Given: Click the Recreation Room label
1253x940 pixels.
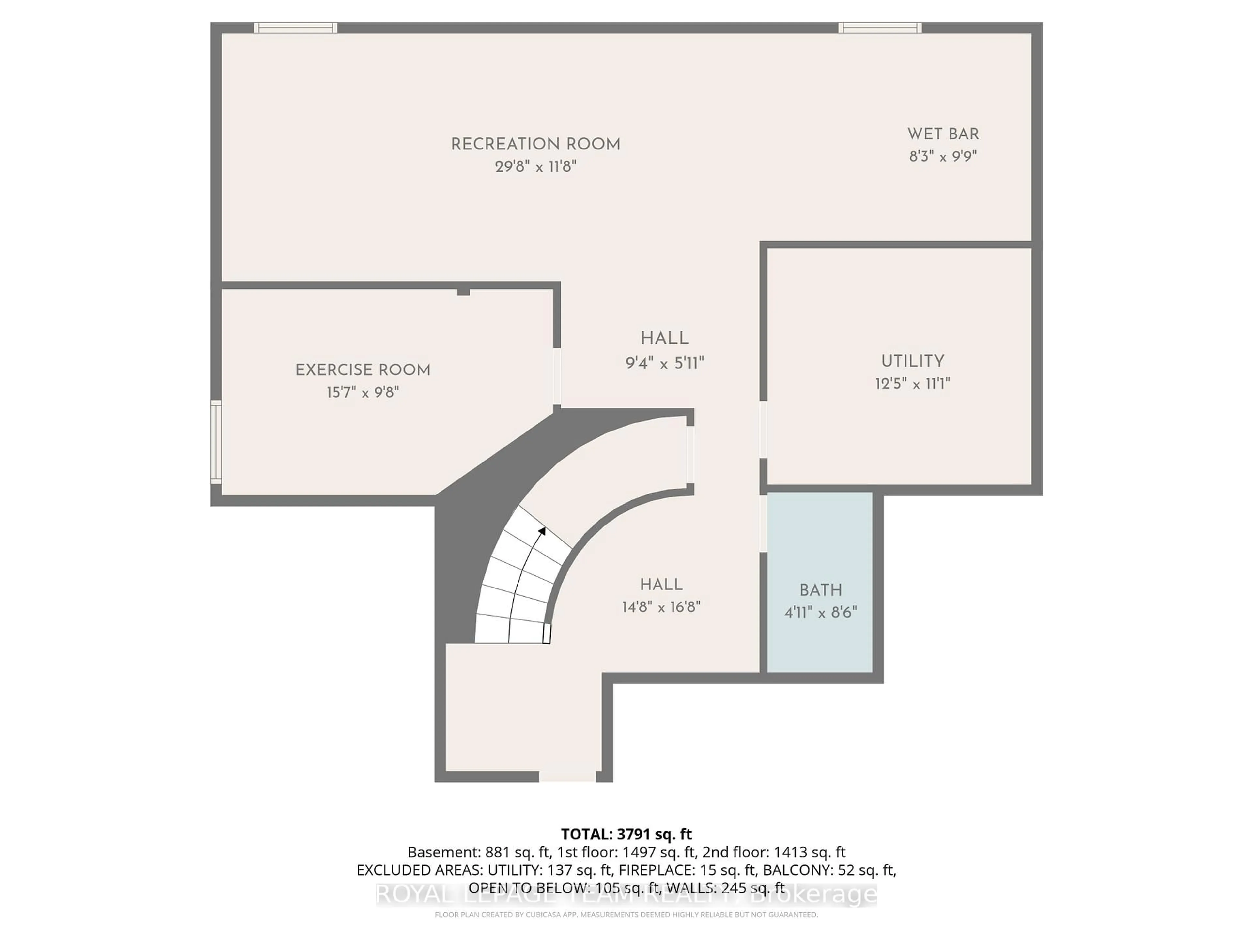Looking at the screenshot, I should click(535, 145).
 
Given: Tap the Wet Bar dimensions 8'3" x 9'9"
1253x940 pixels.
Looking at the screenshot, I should click(943, 156).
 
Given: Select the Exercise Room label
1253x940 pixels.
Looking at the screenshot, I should click(363, 370).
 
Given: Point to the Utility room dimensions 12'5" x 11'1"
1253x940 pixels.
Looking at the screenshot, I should click(912, 384).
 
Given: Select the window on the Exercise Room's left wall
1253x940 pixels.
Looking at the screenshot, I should click(216, 442).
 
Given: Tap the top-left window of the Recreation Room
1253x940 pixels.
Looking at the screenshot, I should click(295, 27).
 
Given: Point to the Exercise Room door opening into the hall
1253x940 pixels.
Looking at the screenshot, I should click(557, 376).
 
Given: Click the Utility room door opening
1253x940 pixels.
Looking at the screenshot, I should click(763, 430).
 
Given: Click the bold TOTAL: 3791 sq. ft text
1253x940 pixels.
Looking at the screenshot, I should click(626, 834).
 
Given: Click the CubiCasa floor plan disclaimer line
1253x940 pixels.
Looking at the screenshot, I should click(626, 915).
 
